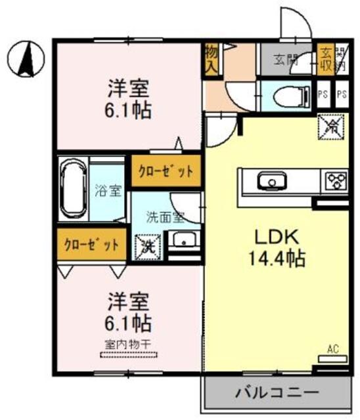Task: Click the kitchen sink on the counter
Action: pos(269,180)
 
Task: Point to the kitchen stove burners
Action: pos(336,180)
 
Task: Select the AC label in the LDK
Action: pos(333,349)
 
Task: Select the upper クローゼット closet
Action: pos(166,172)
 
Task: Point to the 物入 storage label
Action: pos(212,60)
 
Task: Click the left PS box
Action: pos(323,94)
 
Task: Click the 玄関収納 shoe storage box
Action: pos(325,60)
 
